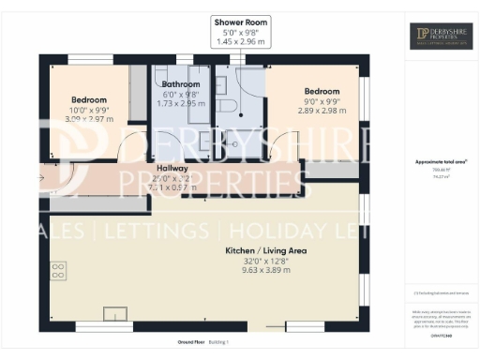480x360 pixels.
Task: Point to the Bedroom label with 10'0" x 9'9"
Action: click(x=89, y=100)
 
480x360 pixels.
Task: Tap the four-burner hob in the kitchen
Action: click(x=57, y=271)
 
